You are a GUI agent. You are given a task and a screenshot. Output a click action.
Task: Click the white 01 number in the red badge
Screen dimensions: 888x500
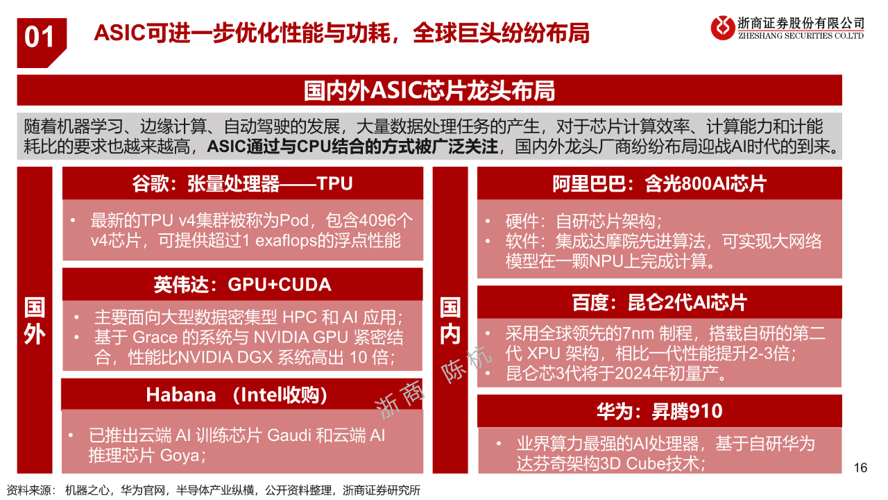[40, 37]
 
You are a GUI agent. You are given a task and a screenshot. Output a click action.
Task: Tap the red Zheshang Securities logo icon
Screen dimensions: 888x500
[723, 28]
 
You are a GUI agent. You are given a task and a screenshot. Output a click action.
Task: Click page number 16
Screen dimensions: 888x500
[860, 467]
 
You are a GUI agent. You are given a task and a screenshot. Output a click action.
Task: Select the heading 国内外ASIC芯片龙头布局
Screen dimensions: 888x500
[429, 90]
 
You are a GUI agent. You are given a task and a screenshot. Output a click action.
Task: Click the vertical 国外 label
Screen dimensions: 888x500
[35, 321]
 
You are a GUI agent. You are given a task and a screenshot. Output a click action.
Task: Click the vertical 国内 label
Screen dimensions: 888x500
[450, 321]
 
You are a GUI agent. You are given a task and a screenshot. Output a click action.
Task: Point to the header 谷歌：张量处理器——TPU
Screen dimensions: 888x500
[242, 184]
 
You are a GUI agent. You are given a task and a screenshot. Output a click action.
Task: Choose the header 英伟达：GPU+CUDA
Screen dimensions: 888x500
[242, 285]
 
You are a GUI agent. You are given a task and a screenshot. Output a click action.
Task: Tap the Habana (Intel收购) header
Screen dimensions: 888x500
[237, 395]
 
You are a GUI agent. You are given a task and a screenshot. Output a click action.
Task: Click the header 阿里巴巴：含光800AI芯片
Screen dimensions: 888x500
[659, 184]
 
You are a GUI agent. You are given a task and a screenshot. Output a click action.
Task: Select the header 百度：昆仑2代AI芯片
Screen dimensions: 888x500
[659, 302]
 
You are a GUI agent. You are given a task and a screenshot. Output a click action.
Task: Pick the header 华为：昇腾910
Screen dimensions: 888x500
[659, 411]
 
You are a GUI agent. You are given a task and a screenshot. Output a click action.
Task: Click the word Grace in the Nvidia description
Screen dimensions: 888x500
[155, 337]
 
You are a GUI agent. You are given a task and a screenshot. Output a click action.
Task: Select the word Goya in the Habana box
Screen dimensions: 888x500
[180, 456]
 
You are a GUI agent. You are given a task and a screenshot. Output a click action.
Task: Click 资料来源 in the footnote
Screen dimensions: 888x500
[28, 490]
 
